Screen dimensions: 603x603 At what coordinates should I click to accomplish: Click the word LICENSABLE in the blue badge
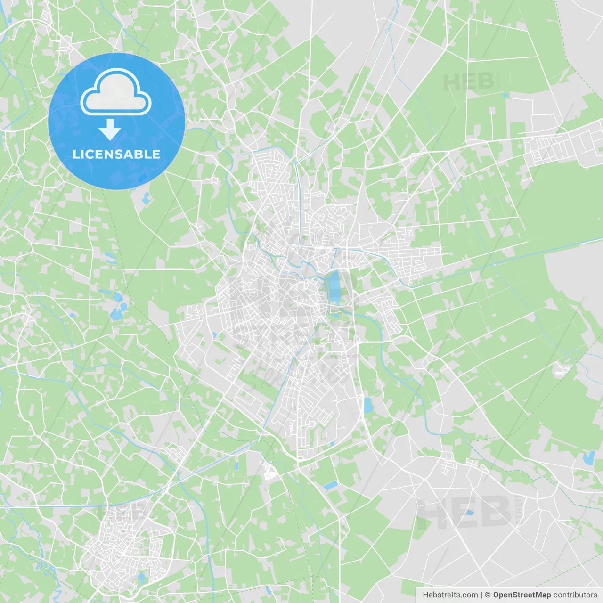coord(116,154)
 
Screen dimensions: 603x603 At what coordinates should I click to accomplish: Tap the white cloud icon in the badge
coord(116,93)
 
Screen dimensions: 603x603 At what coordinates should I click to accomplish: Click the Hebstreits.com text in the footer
coord(450,595)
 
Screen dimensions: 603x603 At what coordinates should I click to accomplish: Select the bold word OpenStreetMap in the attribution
coord(522,595)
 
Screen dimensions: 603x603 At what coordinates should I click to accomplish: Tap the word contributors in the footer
coord(575,595)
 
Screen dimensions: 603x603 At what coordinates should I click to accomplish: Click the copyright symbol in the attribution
coord(488,595)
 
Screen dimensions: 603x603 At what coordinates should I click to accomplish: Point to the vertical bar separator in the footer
coord(481,595)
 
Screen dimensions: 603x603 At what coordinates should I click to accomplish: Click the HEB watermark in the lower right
coord(464,512)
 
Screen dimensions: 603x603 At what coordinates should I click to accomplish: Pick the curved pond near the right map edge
coord(588,457)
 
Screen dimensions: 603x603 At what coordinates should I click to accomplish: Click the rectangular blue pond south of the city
coord(330,485)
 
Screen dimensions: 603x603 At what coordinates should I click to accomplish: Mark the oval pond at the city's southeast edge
coord(368,405)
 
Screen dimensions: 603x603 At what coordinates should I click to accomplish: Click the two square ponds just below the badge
coord(146,198)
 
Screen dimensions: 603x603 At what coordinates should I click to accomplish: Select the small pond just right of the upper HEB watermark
coord(505,96)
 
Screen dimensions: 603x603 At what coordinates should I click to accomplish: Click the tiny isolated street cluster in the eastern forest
coord(561,369)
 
